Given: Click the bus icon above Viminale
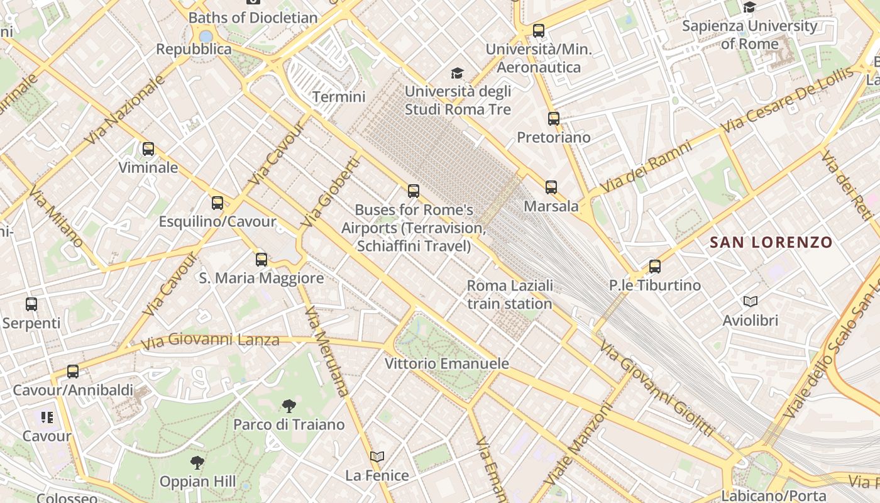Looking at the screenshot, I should [x=148, y=149].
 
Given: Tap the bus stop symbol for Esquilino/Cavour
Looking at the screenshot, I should [x=217, y=202].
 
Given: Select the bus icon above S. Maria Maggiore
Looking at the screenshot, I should [x=261, y=259].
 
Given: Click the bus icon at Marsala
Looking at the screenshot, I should [x=551, y=187].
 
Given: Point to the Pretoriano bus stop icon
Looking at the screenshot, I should [x=553, y=118].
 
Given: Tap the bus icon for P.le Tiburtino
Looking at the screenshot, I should [x=655, y=266].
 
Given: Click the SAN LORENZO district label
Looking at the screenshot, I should [x=771, y=242].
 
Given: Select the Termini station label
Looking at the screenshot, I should [x=339, y=97].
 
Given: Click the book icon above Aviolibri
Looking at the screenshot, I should [x=750, y=301].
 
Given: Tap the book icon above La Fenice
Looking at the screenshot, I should [x=377, y=456].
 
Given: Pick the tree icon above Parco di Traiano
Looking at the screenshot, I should [x=289, y=406].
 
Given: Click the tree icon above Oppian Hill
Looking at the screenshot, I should [x=197, y=463].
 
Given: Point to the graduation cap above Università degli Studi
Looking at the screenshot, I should [x=457, y=73].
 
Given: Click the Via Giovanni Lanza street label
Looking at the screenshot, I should [x=210, y=341].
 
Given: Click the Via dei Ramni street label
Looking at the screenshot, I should [x=646, y=167].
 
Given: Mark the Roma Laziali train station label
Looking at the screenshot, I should [x=510, y=294].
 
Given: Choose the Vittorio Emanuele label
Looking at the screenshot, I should [x=446, y=363].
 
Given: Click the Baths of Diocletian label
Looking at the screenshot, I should [x=253, y=18].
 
